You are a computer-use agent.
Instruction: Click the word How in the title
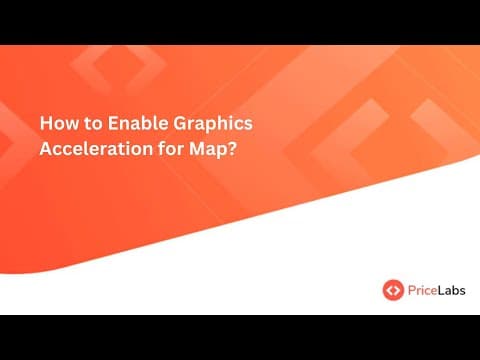coord(56,124)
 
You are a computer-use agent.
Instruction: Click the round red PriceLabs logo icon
coord(393,290)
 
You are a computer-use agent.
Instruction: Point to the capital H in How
coord(45,124)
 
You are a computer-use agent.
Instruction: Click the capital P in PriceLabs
coord(411,290)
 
